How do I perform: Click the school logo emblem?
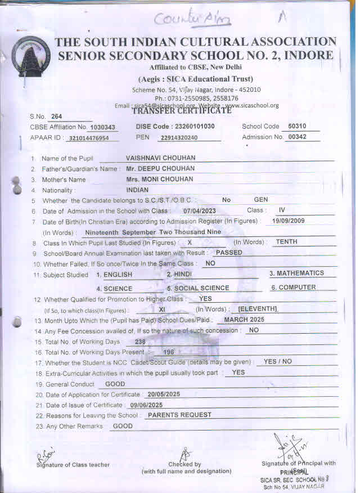point(30,56)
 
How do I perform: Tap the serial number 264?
point(56,116)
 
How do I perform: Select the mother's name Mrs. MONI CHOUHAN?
point(160,179)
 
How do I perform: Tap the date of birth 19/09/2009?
point(288,221)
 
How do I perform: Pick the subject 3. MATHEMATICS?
point(296,273)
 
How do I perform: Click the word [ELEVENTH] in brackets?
point(258,309)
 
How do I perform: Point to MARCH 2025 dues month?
point(244,319)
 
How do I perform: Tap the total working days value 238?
point(140,342)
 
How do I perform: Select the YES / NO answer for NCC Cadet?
point(278,361)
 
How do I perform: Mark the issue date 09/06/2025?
point(146,405)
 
